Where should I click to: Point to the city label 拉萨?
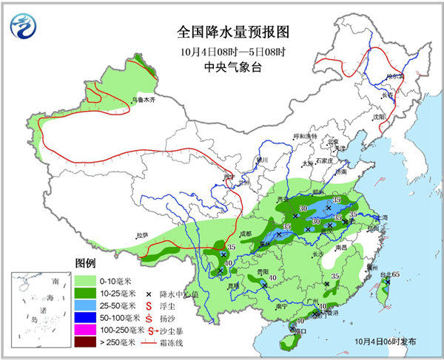click(x=141, y=235)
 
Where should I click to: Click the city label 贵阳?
click(x=262, y=271)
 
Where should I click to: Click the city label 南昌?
click(x=341, y=248)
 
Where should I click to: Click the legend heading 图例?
click(x=85, y=264)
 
